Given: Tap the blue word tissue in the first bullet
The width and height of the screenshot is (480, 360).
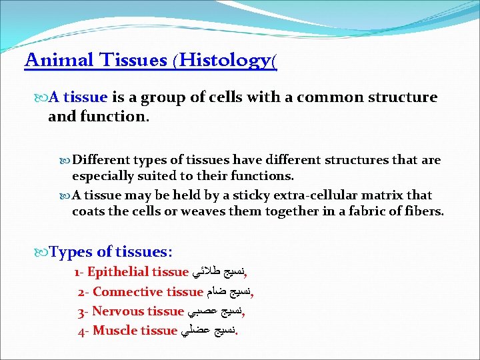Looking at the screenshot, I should (85, 97).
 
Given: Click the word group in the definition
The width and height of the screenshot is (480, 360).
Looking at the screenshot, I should (164, 97).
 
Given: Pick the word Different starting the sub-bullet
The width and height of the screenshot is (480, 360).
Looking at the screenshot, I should (101, 161).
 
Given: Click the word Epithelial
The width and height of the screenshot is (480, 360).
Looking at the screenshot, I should (118, 272).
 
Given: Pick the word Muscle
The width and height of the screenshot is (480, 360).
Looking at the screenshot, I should (115, 331).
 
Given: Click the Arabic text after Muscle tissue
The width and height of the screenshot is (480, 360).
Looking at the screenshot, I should (209, 331).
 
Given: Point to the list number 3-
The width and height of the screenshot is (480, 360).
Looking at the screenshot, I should (83, 311).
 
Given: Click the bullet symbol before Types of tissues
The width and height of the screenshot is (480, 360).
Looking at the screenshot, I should (43, 253).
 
